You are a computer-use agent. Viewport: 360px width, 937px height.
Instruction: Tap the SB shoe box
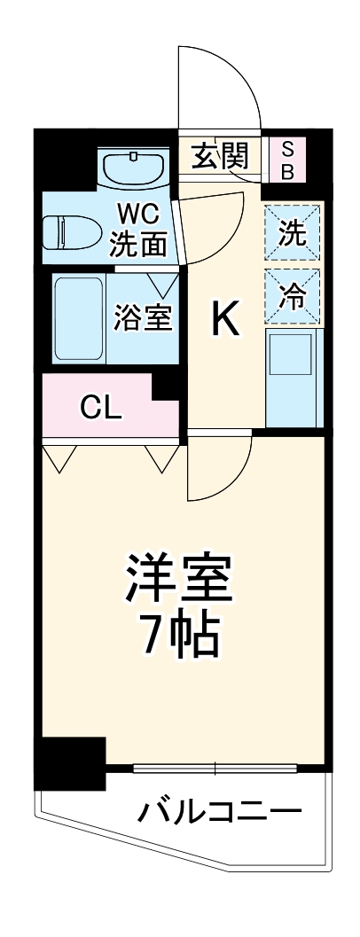pos(287,159)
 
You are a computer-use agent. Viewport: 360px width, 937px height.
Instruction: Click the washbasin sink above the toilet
pos(133,168)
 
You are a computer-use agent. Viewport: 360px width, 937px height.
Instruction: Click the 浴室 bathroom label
pos(142,316)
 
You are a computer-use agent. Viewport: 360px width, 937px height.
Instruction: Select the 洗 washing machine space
pos(292,234)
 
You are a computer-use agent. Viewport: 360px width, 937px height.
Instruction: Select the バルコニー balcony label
pos(217,813)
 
